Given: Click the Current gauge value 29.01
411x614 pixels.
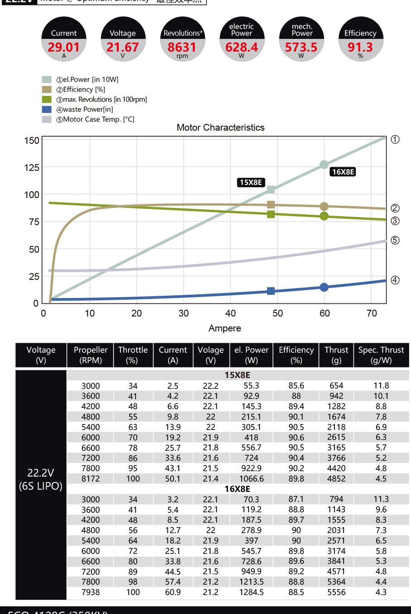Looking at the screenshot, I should (64, 47).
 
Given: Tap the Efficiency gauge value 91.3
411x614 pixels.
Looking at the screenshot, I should (360, 47).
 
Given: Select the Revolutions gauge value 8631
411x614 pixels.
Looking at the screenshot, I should (182, 47).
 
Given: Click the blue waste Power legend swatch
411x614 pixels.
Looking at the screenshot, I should (47, 109).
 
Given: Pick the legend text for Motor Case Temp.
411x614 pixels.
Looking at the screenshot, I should (98, 119).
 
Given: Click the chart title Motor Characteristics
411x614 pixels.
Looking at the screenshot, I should (220, 128).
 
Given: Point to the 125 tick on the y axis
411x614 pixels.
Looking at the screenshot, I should (32, 168).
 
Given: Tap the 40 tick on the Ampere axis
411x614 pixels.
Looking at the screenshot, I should (230, 313).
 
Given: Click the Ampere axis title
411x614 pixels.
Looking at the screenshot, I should (225, 328).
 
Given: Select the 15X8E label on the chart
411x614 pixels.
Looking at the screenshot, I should (251, 182).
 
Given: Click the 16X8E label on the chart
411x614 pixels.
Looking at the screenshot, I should (343, 172).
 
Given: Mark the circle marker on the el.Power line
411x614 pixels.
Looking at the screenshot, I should (324, 165).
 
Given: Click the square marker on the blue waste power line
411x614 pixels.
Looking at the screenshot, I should (271, 291).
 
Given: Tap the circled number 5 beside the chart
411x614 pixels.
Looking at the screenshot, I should (395, 240).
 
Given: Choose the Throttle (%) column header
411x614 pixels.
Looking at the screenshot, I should (133, 355).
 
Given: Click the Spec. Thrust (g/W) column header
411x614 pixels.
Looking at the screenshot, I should (381, 355).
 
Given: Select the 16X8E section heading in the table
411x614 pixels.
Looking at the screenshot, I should (237, 489).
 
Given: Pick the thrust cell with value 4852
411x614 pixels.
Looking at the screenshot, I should (336, 478).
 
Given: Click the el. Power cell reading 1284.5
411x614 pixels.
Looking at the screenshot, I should (251, 592).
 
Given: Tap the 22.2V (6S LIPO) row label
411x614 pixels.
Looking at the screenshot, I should (41, 479).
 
